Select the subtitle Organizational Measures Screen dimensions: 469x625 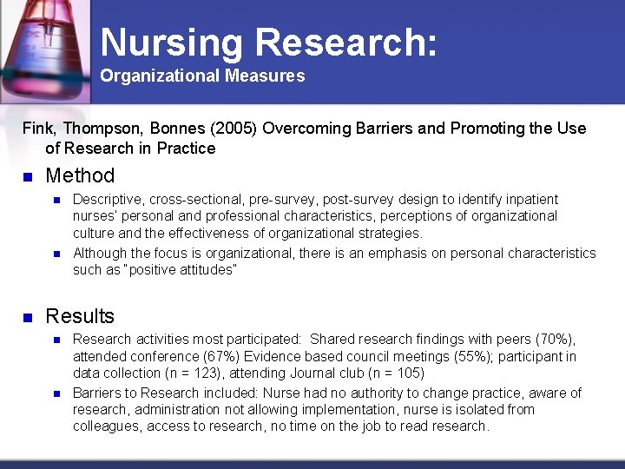coord(202,76)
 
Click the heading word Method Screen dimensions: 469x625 coord(80,175)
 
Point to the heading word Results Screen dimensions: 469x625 coord(80,315)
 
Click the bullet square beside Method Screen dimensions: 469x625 coord(28,176)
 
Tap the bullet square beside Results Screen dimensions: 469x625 coord(28,316)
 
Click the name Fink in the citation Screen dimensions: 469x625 coord(36,129)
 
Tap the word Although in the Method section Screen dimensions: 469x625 coord(99,253)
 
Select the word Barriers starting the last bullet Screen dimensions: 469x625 coord(97,393)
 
